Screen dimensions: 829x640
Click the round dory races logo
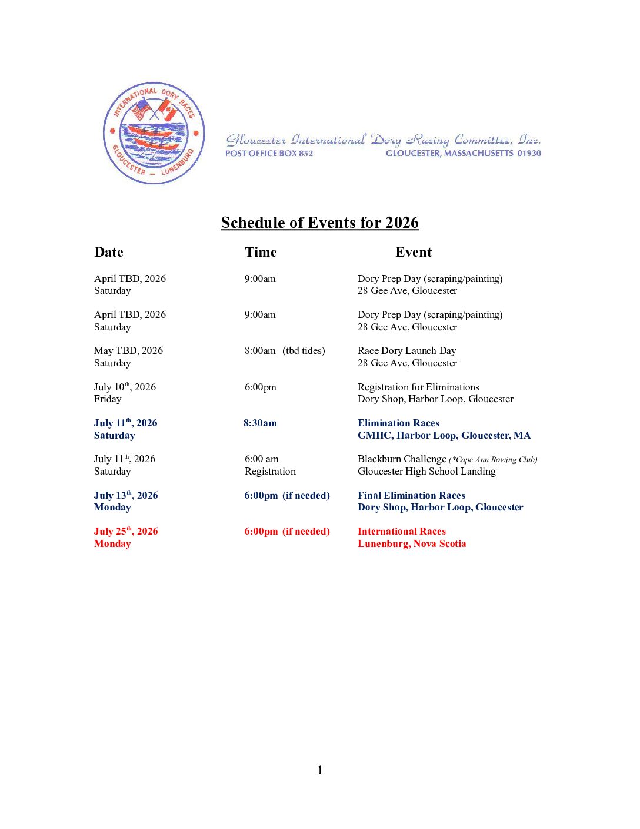[154, 133]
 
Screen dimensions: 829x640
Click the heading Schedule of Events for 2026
[319, 223]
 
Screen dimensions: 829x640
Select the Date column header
[109, 252]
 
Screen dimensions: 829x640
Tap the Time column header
[261, 252]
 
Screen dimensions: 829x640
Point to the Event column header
[414, 252]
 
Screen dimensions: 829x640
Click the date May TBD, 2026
[128, 350]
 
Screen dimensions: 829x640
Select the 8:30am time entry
[260, 423]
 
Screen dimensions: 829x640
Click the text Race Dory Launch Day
[406, 350]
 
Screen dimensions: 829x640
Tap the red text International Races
[401, 531]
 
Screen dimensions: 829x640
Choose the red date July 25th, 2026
[125, 531]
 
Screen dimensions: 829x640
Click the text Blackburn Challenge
[402, 459]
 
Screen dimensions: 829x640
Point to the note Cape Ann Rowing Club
[494, 460]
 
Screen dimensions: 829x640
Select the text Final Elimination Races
[411, 495]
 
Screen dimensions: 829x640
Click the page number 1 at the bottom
[319, 770]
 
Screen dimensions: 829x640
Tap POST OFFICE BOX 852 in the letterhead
[269, 153]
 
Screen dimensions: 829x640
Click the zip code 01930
[529, 153]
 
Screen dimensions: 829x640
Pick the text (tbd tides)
[304, 350]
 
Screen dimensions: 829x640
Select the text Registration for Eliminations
[418, 387]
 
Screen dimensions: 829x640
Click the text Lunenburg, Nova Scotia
[412, 543]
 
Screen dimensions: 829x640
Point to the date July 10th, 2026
[125, 387]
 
